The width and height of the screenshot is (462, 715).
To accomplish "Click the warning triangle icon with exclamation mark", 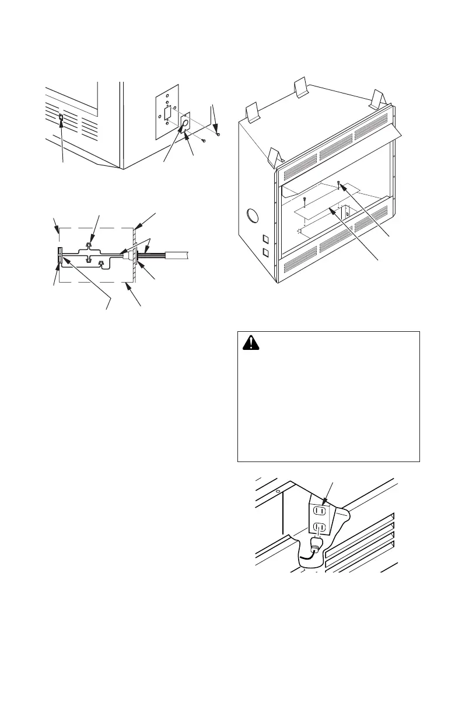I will (x=252, y=345).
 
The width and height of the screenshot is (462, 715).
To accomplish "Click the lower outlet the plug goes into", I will (x=319, y=527).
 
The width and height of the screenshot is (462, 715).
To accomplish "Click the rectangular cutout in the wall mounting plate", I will (x=168, y=112).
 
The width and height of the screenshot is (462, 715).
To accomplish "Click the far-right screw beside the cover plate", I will (x=218, y=135).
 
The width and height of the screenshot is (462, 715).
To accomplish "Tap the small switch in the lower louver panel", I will (x=62, y=120).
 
